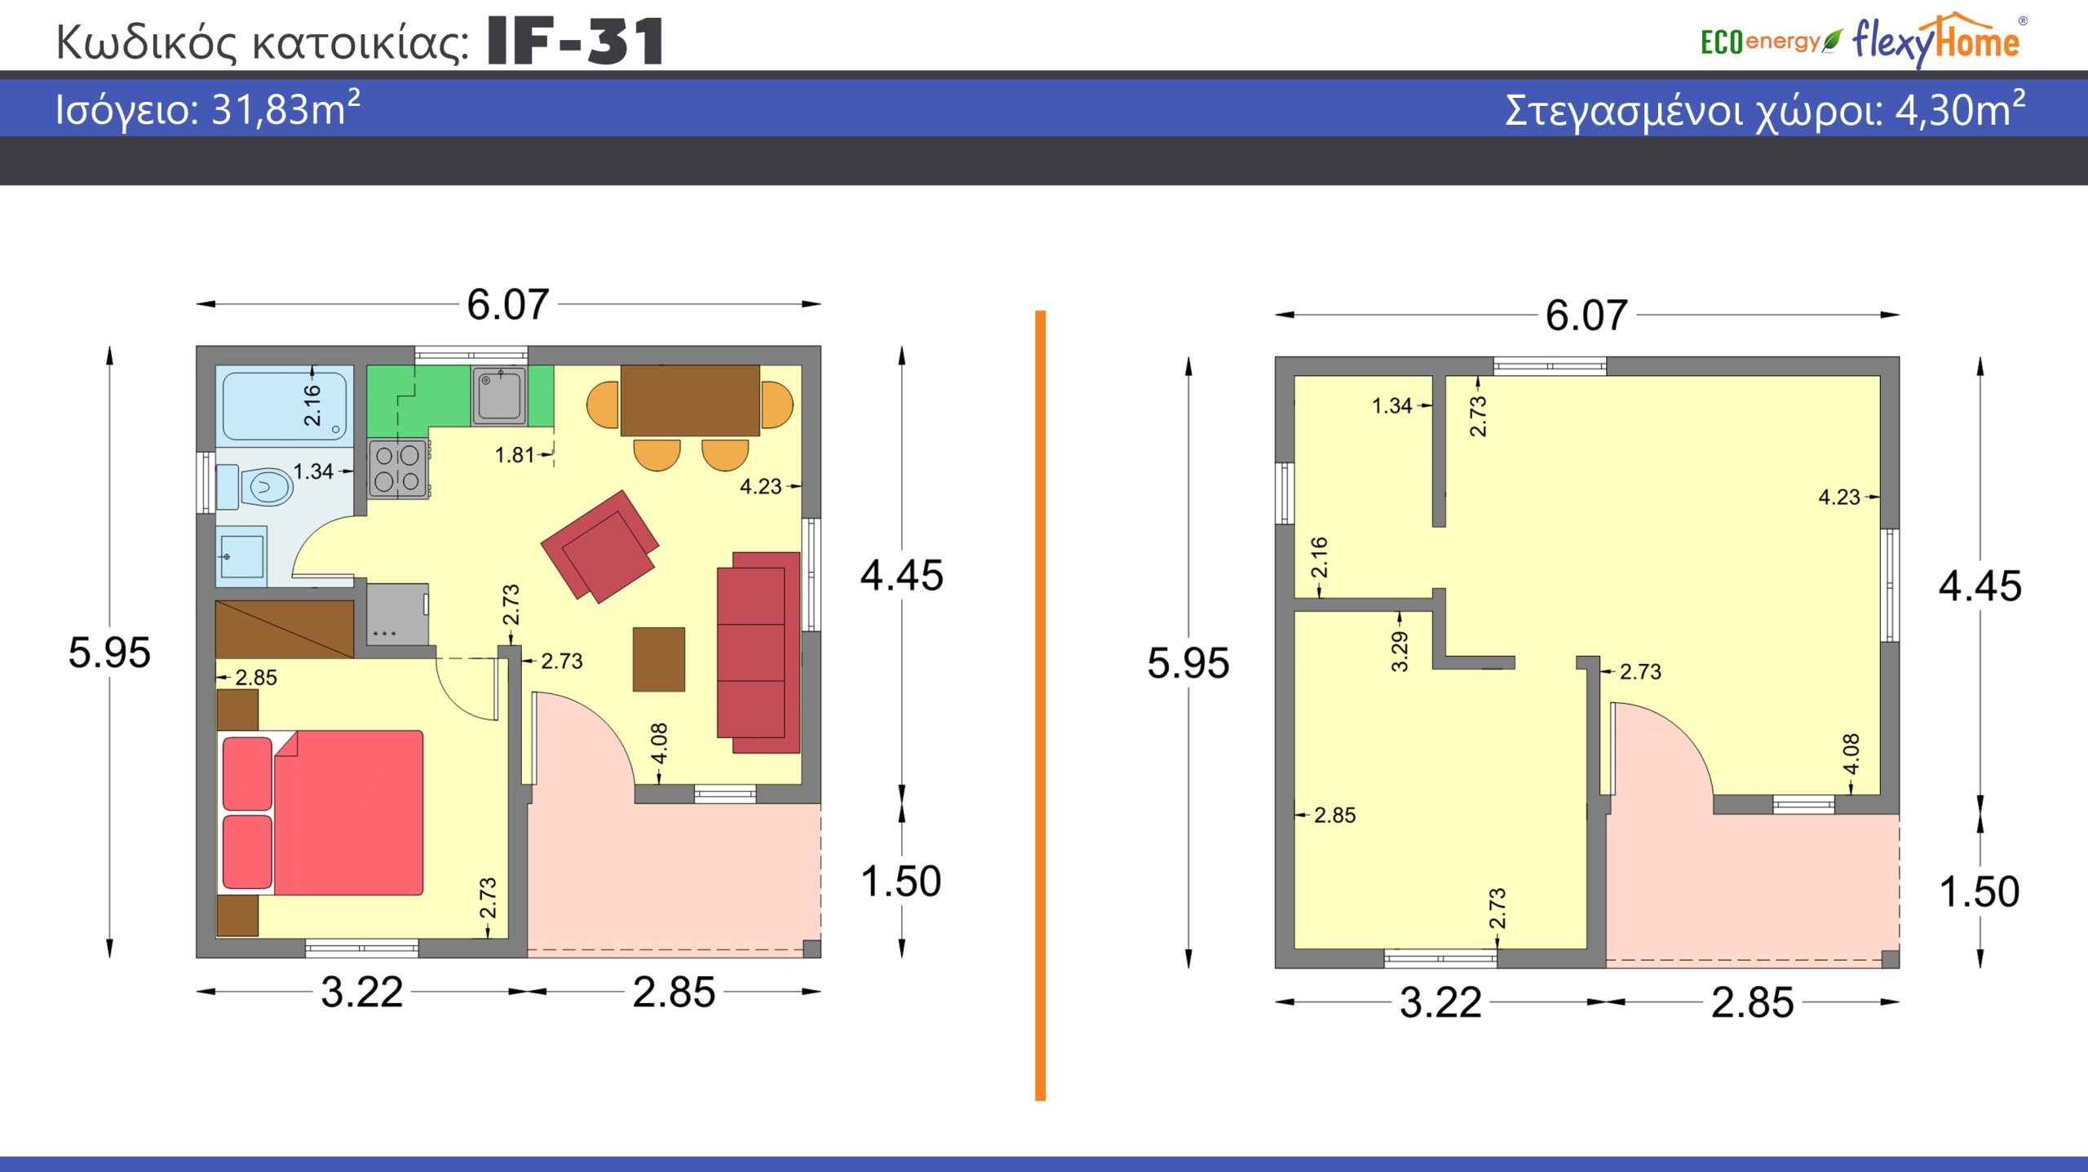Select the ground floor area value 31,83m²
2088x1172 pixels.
pos(285,108)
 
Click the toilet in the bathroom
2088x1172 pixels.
pos(254,487)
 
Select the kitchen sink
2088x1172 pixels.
pos(499,396)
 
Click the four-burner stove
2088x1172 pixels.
pos(398,469)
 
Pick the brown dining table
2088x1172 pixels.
pos(690,400)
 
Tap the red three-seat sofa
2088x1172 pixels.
pos(759,652)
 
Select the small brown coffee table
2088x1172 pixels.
pos(659,659)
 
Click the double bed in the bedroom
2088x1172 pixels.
pos(323,813)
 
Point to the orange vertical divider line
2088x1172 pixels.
pos(1040,705)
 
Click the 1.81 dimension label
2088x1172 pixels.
pos(514,455)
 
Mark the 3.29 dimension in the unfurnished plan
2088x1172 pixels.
pos(1400,652)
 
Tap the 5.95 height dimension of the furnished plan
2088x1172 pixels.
pos(109,652)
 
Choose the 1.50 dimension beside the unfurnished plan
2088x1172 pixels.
pos(1980,891)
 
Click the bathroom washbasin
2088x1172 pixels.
pos(242,556)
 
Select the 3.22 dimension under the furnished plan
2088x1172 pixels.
pos(362,993)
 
